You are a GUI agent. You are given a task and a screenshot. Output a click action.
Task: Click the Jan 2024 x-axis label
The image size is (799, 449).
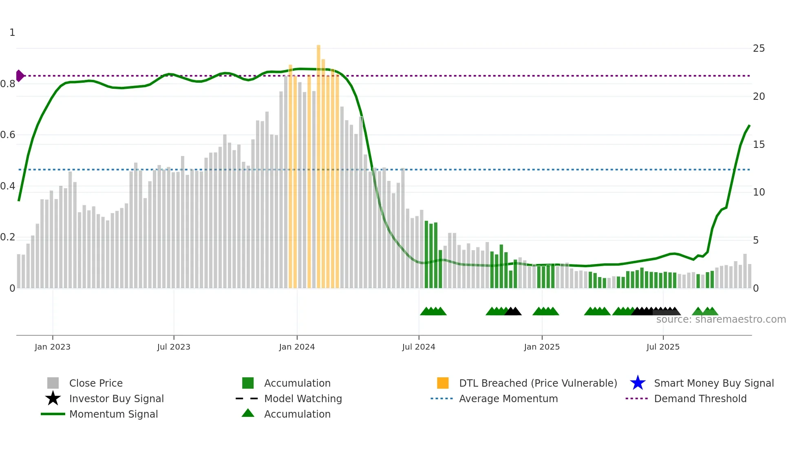[x=297, y=347]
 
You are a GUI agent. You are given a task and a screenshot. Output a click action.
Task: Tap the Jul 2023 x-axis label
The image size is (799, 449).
[x=174, y=347]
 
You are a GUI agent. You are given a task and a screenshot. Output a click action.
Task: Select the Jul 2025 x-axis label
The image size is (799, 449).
[x=663, y=347]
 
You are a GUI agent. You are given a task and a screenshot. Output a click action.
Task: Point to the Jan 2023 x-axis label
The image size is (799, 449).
[x=53, y=347]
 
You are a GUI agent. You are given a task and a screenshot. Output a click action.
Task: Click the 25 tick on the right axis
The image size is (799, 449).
[x=759, y=48]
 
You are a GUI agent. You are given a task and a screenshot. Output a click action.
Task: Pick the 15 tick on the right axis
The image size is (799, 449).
[x=759, y=145]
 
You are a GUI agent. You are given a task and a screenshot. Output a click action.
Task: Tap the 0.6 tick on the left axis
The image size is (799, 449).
[x=8, y=135]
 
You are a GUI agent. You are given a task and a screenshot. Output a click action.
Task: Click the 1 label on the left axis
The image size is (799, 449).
[x=12, y=33]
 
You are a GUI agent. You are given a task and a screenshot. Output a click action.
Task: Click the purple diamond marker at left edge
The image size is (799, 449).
[x=20, y=76]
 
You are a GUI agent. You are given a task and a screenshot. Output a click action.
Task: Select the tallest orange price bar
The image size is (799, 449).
[x=318, y=163]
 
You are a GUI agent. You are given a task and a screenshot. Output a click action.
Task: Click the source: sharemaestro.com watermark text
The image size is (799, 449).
[x=721, y=319]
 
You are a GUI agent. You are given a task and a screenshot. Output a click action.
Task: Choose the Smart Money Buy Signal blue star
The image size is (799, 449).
[x=638, y=383]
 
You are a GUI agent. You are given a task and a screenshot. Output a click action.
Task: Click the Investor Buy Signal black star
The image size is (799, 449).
[x=53, y=398]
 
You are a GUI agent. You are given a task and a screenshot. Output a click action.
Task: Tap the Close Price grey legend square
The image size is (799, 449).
[x=53, y=383]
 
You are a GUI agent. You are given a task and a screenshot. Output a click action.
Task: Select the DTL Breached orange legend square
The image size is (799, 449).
[x=443, y=383]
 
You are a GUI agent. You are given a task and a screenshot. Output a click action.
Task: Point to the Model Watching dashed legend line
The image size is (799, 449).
[x=247, y=398]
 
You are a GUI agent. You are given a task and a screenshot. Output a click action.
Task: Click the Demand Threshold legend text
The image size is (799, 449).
[x=700, y=398]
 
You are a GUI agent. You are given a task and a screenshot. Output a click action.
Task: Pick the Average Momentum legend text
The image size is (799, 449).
[x=508, y=398]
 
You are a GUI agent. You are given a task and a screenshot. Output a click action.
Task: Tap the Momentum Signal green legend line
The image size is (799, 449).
[x=53, y=414]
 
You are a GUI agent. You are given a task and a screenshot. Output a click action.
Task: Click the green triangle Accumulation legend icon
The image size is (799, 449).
[x=248, y=413]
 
